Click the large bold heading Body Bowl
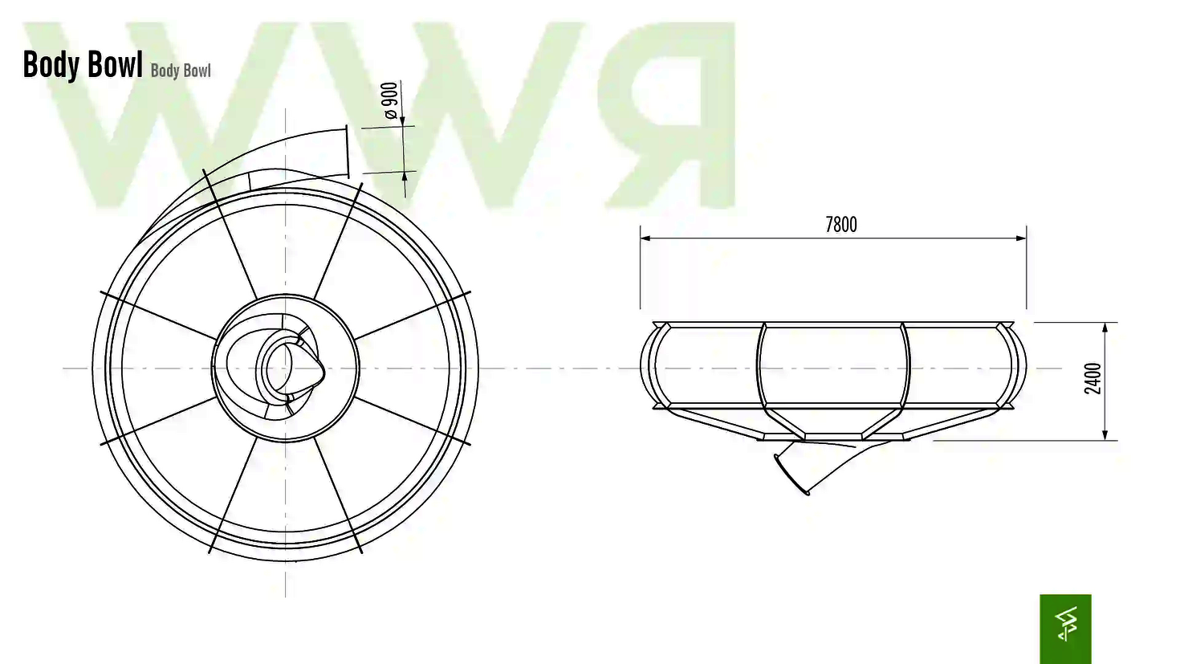coord(83,64)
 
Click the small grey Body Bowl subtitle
coord(181,71)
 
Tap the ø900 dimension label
coord(389,100)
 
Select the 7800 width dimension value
coord(840,225)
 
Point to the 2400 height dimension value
coord(1093,378)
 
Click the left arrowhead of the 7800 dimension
coord(645,238)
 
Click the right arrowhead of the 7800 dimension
coord(1021,238)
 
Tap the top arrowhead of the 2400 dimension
coord(1105,328)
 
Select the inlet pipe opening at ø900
coord(347,151)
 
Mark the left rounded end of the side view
coord(649,366)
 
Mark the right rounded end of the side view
coord(1018,366)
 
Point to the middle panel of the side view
coord(833,365)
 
